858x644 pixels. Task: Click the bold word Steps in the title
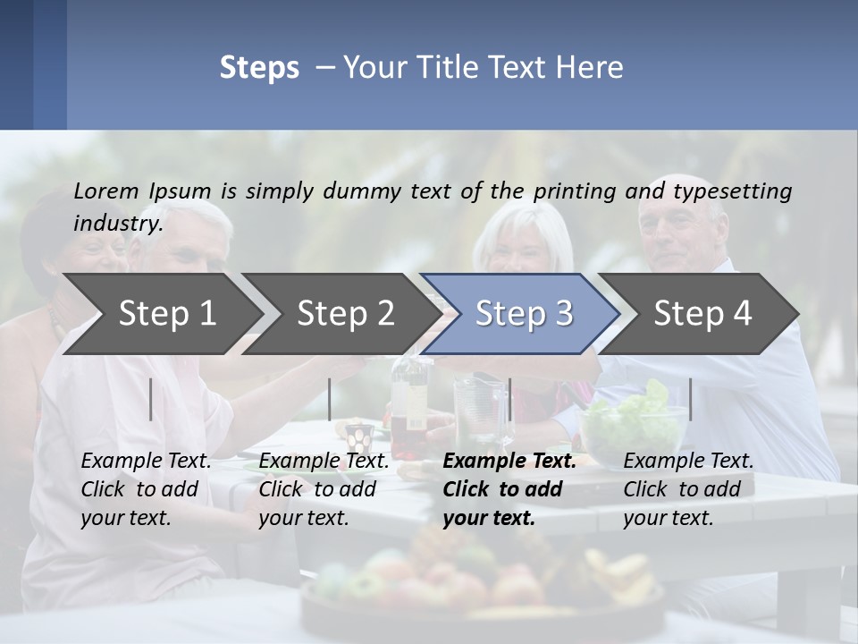click(x=259, y=68)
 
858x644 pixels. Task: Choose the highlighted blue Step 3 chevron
click(x=524, y=313)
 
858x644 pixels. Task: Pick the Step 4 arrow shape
click(x=702, y=313)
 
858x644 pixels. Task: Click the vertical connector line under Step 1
click(x=151, y=399)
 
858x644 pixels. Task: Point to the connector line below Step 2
click(x=330, y=399)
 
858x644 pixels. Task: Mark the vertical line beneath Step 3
click(x=509, y=399)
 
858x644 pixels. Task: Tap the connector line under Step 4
click(x=690, y=399)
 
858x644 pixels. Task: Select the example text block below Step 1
click(x=146, y=488)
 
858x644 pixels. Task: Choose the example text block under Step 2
click(x=324, y=488)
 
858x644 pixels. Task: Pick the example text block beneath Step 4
click(x=688, y=488)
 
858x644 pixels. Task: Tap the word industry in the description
click(x=118, y=223)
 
